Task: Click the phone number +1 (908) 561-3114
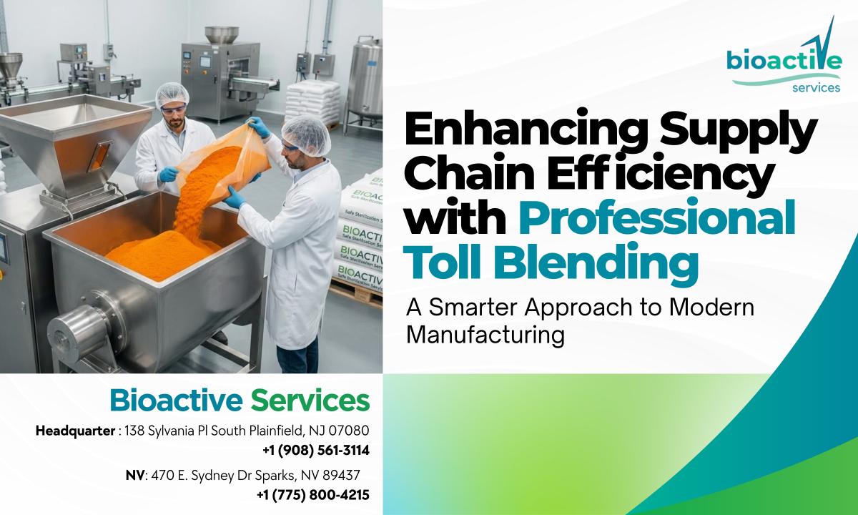pyautogui.click(x=315, y=451)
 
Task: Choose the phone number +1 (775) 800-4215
pyautogui.click(x=312, y=494)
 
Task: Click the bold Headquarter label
pyautogui.click(x=75, y=431)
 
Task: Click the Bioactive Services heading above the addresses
pyautogui.click(x=240, y=401)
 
